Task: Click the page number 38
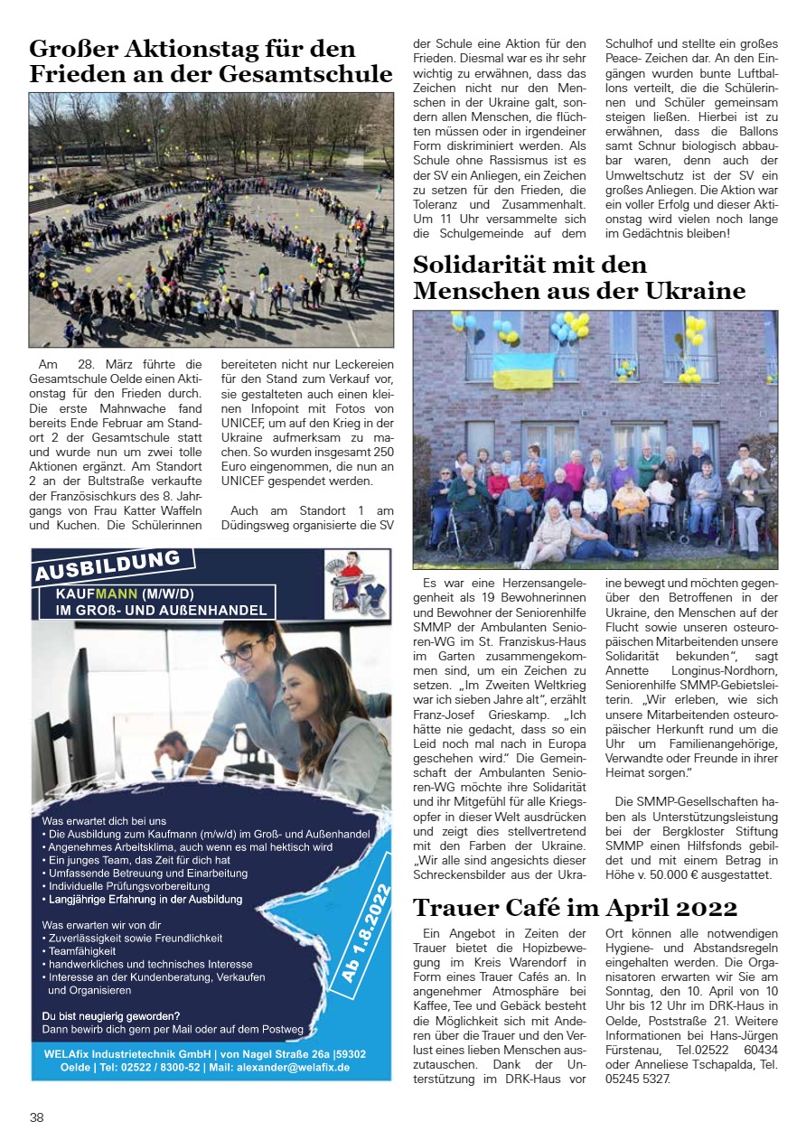point(37,1117)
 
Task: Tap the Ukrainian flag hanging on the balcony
point(523,371)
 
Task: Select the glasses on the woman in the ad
point(244,654)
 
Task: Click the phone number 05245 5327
point(638,1077)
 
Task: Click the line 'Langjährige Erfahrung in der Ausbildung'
point(145,900)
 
